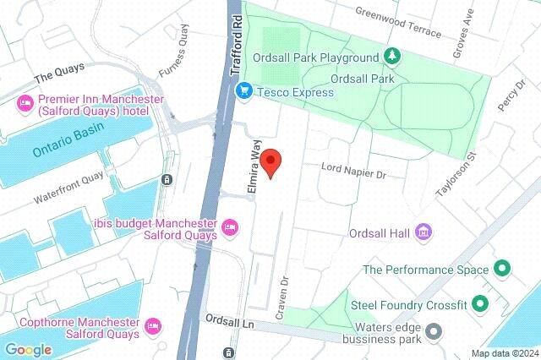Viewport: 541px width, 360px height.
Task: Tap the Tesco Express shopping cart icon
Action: (x=243, y=90)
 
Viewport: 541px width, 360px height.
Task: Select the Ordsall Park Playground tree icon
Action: (x=391, y=57)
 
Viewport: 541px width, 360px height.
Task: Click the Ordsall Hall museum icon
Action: (x=424, y=232)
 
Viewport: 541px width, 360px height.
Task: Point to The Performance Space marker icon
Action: (x=502, y=270)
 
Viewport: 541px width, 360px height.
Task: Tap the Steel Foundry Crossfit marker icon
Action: (x=481, y=303)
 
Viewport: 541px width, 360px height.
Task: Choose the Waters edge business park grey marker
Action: (x=434, y=330)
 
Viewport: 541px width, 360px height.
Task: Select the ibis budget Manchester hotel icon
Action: (x=228, y=227)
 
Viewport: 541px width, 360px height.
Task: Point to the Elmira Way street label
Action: (x=250, y=169)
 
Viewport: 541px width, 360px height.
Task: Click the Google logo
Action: (x=28, y=349)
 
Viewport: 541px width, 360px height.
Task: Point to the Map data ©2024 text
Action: (x=504, y=353)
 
